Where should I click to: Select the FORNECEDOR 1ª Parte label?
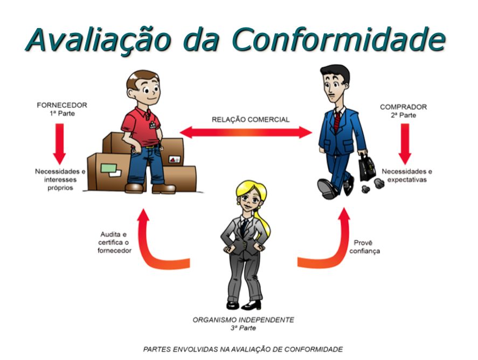click(61, 109)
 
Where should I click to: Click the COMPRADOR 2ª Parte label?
click(404, 111)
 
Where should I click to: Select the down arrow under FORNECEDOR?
click(59, 142)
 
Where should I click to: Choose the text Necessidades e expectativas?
click(407, 175)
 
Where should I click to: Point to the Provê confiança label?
click(366, 247)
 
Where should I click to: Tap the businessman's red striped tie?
click(337, 121)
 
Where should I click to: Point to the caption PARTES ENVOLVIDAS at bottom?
click(243, 349)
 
